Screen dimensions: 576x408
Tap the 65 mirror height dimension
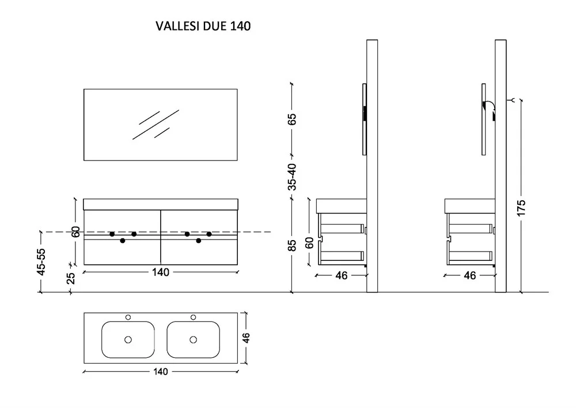tap(291, 119)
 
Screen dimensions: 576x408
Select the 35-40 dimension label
tap(291, 177)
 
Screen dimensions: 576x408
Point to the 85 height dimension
tap(291, 245)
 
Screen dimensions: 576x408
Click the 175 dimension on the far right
tap(521, 208)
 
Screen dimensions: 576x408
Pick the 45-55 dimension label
tap(41, 261)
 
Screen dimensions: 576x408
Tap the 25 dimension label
tap(71, 278)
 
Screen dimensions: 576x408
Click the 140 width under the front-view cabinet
tap(161, 272)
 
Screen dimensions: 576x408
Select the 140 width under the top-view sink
tap(161, 372)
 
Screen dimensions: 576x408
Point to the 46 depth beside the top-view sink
tap(246, 338)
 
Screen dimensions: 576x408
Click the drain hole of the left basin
tap(128, 339)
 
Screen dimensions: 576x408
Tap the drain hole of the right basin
tap(193, 339)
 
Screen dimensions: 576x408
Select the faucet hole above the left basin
tap(128, 317)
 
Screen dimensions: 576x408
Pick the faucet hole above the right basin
tap(193, 317)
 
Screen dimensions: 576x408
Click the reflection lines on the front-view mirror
tap(156, 125)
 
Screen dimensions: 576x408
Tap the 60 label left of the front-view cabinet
tap(75, 232)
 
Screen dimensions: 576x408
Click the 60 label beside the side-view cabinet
tap(310, 243)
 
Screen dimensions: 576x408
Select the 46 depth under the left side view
tap(341, 275)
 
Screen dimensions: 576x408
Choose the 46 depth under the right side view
tap(470, 275)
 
